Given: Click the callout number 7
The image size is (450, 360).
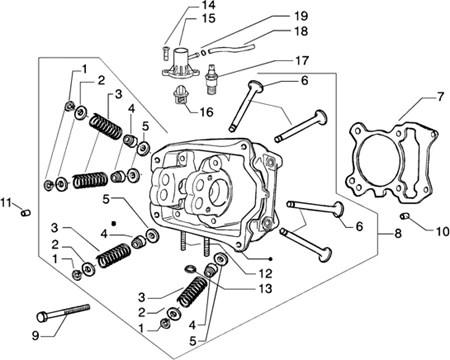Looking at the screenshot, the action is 440,97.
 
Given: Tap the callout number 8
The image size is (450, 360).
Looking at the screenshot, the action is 398,234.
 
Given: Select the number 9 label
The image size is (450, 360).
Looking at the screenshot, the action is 35,336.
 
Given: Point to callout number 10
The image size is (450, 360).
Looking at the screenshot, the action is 442,231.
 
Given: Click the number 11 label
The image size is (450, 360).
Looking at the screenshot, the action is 6,202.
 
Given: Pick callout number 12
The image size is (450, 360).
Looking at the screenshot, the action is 265,274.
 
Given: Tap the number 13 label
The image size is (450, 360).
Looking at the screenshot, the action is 265,288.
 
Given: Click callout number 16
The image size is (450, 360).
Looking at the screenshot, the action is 206,112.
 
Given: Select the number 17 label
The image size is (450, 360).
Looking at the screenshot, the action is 302,61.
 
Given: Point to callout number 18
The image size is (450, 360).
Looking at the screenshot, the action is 301,31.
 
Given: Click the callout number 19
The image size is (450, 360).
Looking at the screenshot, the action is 301,16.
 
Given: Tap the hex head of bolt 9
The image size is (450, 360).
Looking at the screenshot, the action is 42,317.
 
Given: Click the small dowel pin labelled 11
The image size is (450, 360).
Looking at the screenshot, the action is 26,212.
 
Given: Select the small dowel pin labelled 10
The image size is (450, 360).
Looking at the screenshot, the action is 404,216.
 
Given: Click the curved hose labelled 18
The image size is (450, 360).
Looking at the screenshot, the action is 231,50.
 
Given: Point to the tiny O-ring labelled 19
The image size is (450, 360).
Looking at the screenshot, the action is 202,52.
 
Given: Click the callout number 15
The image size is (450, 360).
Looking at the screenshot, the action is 208,18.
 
